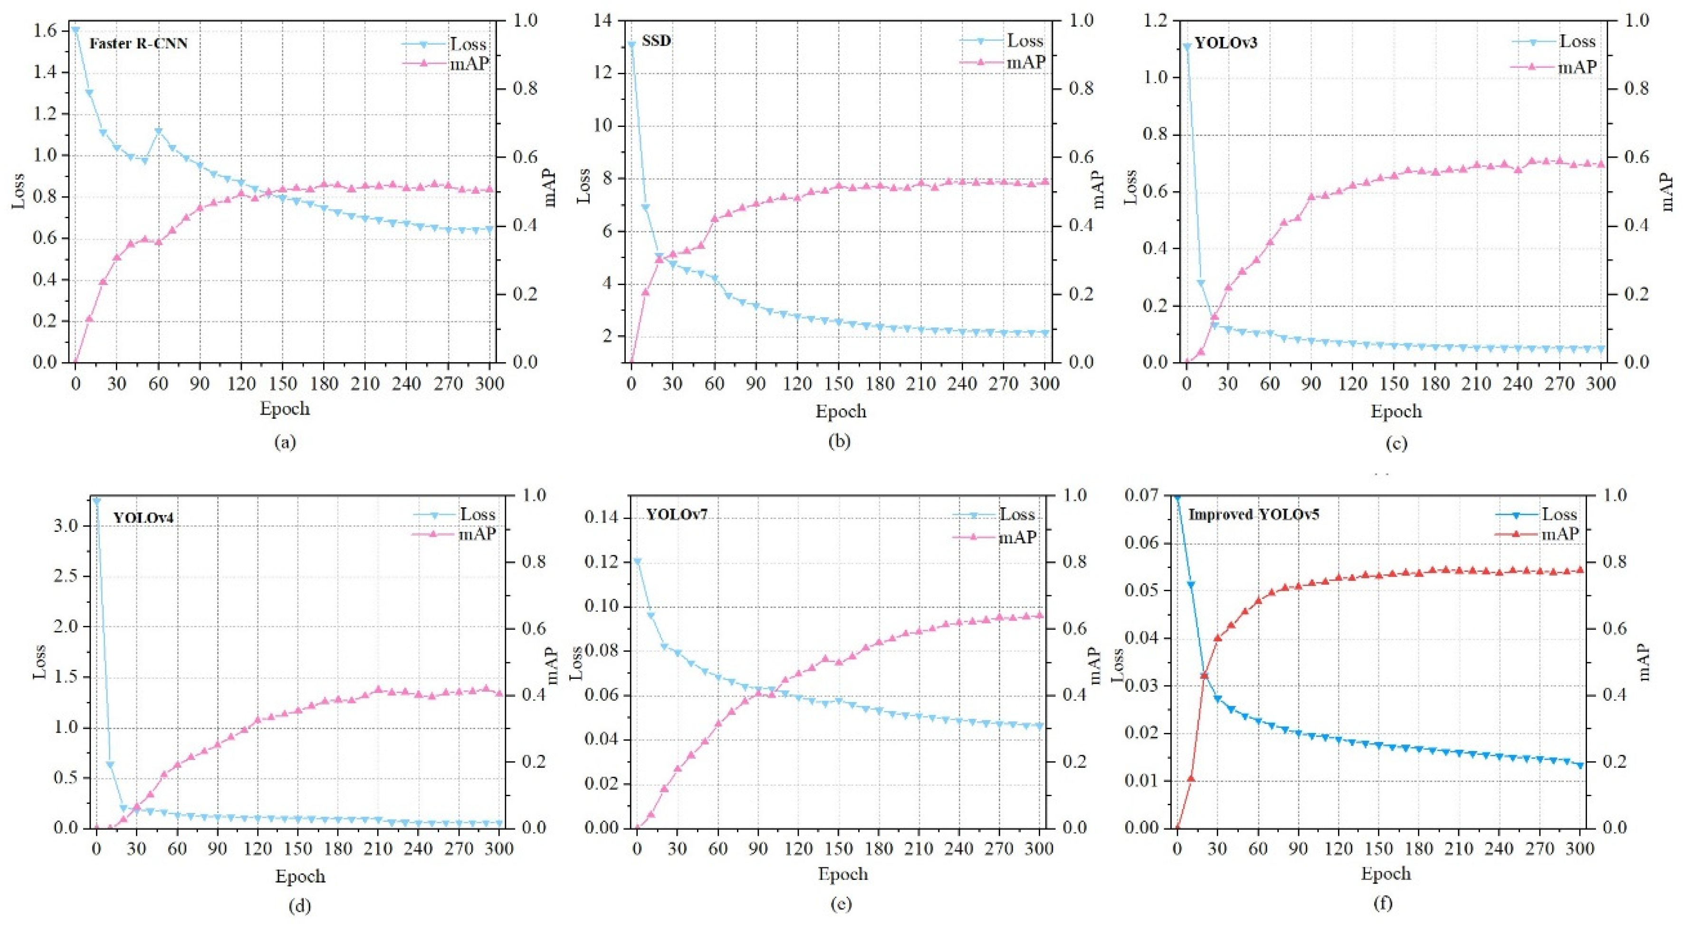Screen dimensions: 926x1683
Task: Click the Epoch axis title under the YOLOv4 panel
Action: pyautogui.click(x=300, y=876)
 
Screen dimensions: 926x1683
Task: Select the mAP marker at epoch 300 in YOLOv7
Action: pyautogui.click(x=1039, y=615)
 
